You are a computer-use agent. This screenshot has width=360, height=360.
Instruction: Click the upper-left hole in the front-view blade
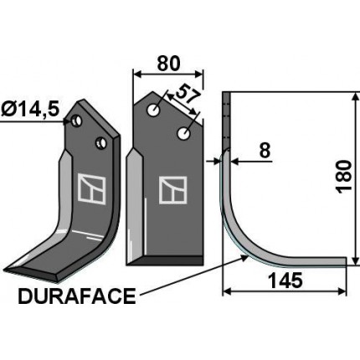pyautogui.click(x=154, y=110)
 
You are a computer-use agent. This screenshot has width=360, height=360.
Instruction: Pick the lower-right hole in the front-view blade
pyautogui.click(x=184, y=132)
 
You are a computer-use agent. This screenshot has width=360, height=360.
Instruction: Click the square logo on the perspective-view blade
pyautogui.click(x=91, y=188)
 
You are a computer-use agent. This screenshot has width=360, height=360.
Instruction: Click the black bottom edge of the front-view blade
pyautogui.click(x=162, y=260)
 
